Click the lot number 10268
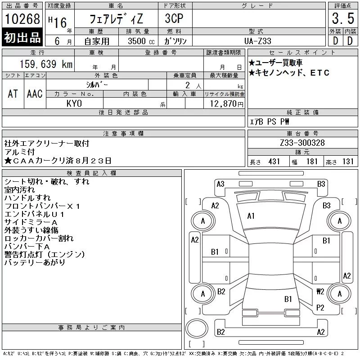[x=22, y=19]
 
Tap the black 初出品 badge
[x=22, y=37]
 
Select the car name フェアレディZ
[x=116, y=19]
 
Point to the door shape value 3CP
[x=174, y=18]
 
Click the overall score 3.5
[x=343, y=18]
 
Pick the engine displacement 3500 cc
[x=141, y=41]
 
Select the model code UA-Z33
[x=257, y=41]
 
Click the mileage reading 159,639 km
[x=46, y=64]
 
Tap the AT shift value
[x=13, y=94]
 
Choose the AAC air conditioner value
[x=35, y=94]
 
